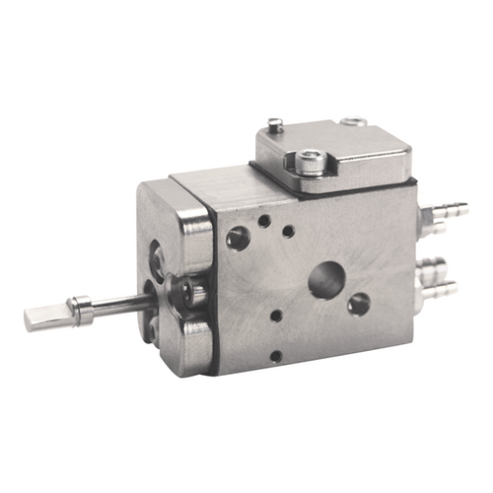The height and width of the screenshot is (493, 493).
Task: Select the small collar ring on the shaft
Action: (83, 311)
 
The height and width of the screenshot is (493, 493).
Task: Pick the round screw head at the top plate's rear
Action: (354, 122)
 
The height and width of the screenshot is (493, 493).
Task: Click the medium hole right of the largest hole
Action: (359, 303)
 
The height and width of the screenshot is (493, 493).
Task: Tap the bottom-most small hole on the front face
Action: (276, 355)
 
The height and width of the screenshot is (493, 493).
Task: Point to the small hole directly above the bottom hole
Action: (276, 317)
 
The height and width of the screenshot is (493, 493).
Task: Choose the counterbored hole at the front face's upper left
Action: (239, 237)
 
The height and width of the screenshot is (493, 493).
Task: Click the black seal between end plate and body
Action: (212, 286)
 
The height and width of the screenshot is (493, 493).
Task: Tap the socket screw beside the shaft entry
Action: (186, 289)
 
